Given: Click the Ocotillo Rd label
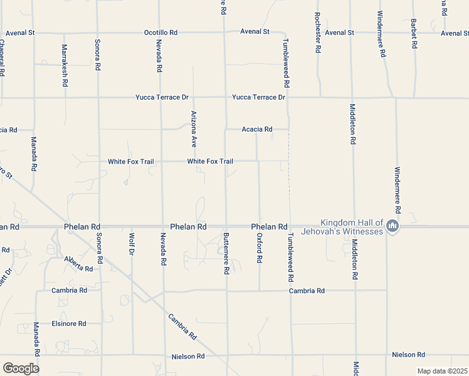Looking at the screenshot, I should pyautogui.click(x=161, y=32).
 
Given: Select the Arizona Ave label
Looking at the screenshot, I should pyautogui.click(x=194, y=130).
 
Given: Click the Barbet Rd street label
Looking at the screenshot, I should pyautogui.click(x=414, y=32).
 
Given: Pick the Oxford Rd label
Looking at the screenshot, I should pyautogui.click(x=259, y=248).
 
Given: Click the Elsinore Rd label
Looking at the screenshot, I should pyautogui.click(x=69, y=323).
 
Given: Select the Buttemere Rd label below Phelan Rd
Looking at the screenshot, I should pyautogui.click(x=226, y=254).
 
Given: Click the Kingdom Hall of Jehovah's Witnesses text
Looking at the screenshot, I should pyautogui.click(x=351, y=227).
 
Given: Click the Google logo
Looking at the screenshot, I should pyautogui.click(x=21, y=368).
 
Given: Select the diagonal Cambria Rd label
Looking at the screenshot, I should pyautogui.click(x=182, y=326).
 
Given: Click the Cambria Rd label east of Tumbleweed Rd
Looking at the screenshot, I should pyautogui.click(x=307, y=291).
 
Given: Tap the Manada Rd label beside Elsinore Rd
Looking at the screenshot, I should pyautogui.click(x=36, y=337).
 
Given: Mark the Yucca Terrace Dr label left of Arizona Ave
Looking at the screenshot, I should pyautogui.click(x=162, y=97).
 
